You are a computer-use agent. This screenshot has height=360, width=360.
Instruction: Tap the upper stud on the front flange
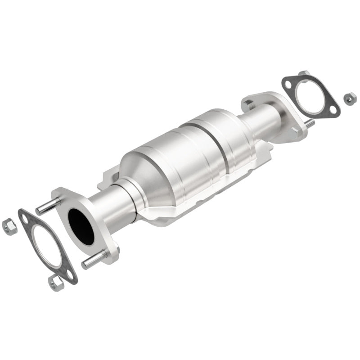click(x=47, y=207)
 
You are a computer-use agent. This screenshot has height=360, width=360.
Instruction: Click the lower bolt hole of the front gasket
click(x=68, y=274)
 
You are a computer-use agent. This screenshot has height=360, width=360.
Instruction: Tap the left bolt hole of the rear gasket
click(x=288, y=84)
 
